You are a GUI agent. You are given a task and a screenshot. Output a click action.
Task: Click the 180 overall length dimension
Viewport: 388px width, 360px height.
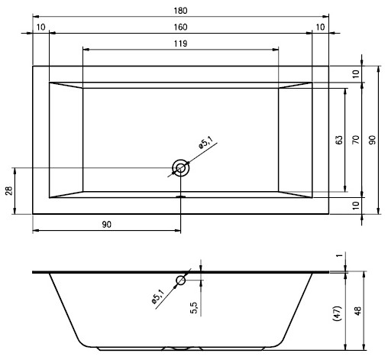[x=180, y=11]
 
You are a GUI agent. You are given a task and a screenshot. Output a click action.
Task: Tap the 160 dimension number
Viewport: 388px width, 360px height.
[x=180, y=27]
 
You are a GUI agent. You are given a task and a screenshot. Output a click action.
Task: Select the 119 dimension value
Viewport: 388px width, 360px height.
[x=180, y=44]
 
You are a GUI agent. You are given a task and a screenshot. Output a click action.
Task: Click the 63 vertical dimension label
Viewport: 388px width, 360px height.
[x=339, y=140]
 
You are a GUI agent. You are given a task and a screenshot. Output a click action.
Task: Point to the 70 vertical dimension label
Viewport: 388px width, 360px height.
[x=356, y=140]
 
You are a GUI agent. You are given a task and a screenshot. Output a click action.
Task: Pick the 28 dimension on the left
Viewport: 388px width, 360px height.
[x=9, y=191]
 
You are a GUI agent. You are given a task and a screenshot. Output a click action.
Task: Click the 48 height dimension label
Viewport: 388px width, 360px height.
[x=357, y=311]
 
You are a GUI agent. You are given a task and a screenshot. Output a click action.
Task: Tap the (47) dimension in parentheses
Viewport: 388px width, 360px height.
[x=337, y=313]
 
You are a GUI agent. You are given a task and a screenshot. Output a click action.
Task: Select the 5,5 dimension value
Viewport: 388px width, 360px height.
[x=194, y=307]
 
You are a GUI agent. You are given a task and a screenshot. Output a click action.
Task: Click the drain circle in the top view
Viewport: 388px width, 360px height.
[x=181, y=168]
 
